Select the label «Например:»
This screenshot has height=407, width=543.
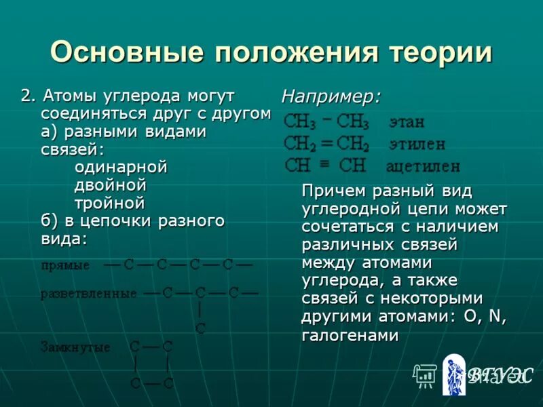click(x=331, y=96)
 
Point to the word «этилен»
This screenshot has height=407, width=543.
click(x=417, y=144)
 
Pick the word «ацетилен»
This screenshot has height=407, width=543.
click(x=423, y=166)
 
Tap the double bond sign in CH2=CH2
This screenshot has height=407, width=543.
click(x=326, y=144)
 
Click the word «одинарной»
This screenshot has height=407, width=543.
click(x=121, y=167)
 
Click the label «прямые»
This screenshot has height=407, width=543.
click(x=65, y=265)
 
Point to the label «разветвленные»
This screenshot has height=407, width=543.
click(x=88, y=294)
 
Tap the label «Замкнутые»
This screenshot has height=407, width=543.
click(x=75, y=347)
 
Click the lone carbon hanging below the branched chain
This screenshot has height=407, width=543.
click(x=200, y=329)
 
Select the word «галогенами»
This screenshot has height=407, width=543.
click(x=350, y=335)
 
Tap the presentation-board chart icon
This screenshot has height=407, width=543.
click(x=425, y=375)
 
